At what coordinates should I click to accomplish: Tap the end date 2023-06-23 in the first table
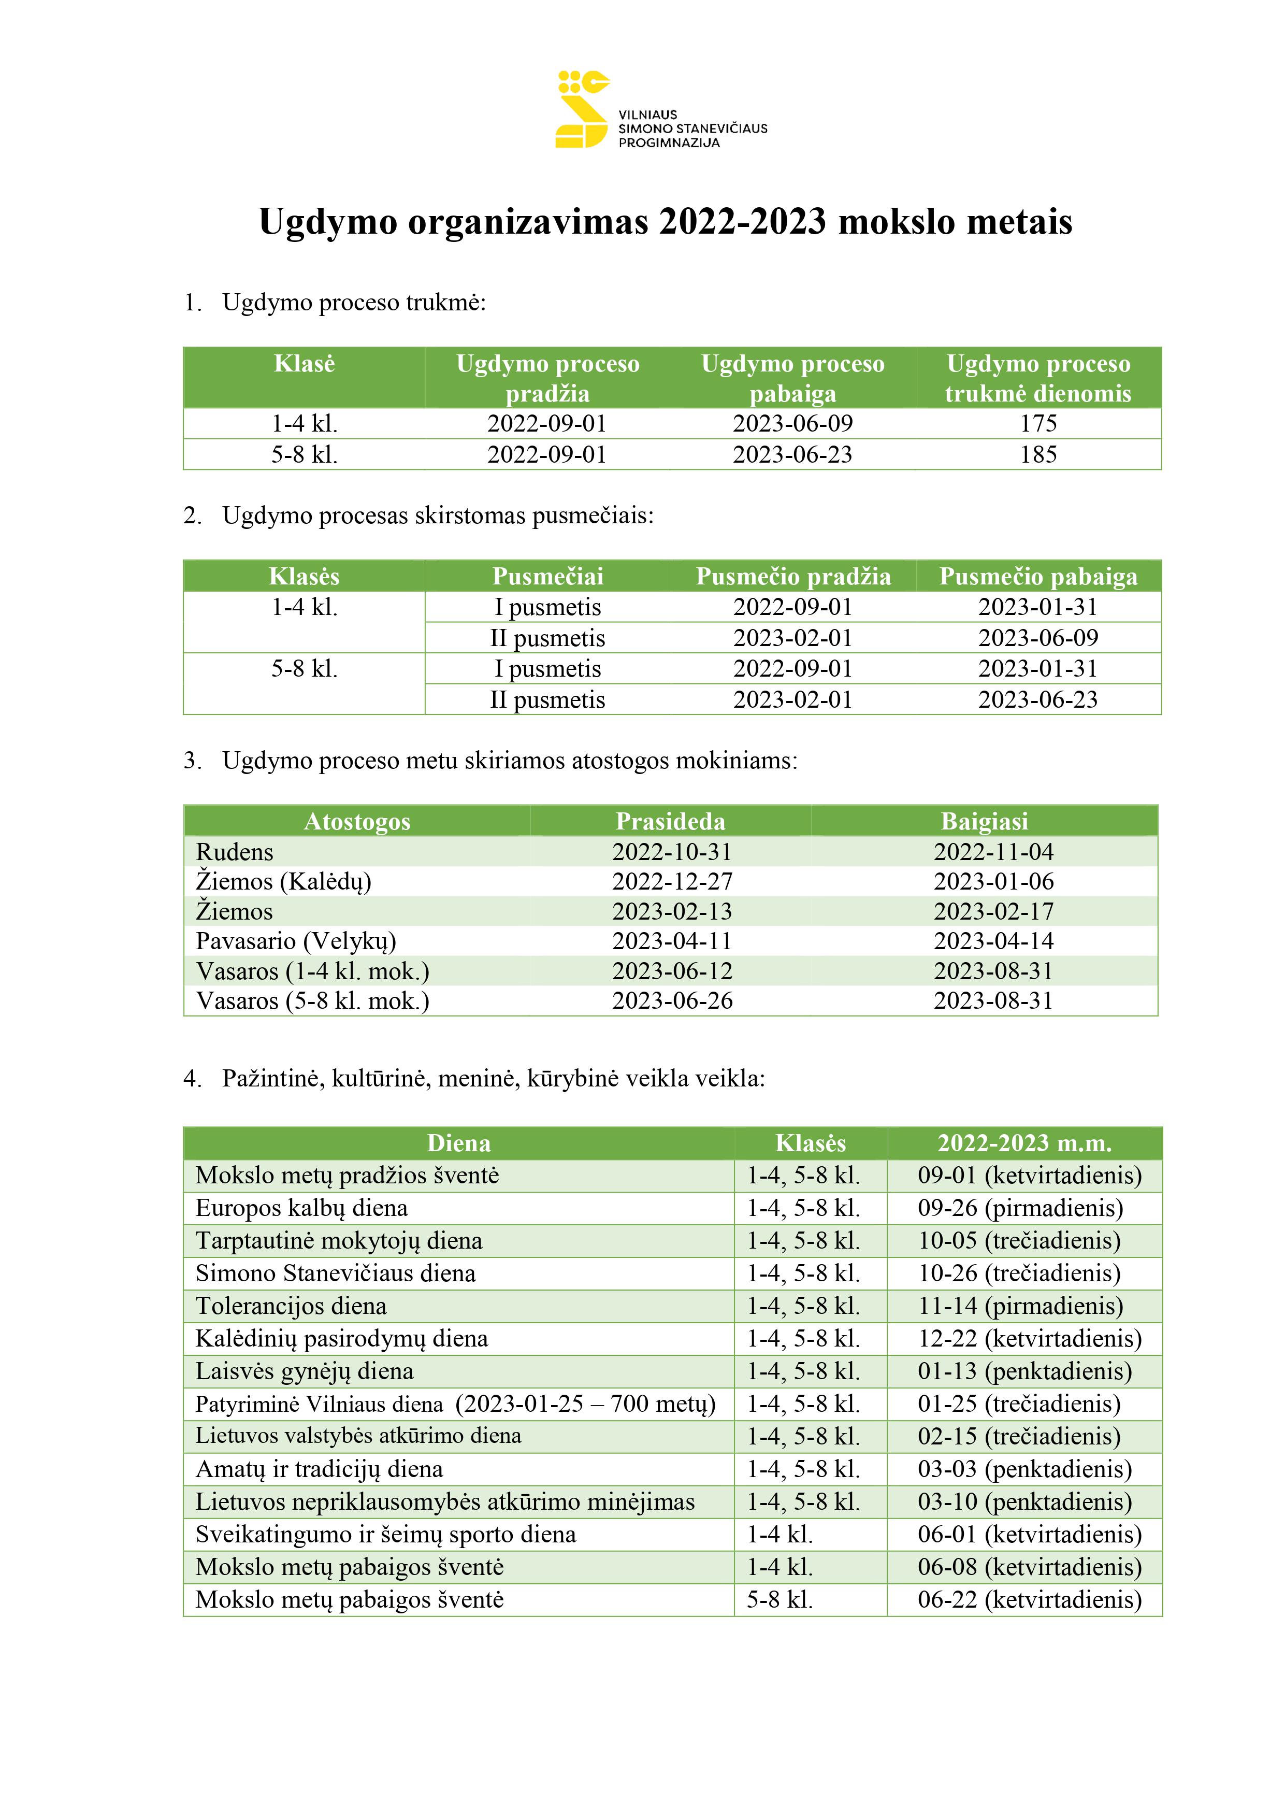click(x=792, y=454)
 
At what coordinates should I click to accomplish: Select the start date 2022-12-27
click(x=672, y=881)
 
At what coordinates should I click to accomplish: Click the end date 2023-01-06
click(x=993, y=881)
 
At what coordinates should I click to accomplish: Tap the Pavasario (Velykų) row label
click(x=296, y=941)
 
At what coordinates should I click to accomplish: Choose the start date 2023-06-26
click(x=672, y=1001)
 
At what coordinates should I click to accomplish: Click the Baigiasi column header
click(x=984, y=821)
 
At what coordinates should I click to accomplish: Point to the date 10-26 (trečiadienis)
click(x=1019, y=1273)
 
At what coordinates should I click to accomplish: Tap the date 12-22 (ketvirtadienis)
click(x=1029, y=1339)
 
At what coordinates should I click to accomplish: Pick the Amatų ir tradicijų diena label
click(x=319, y=1470)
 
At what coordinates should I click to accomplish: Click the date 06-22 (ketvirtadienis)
click(x=1029, y=1600)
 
